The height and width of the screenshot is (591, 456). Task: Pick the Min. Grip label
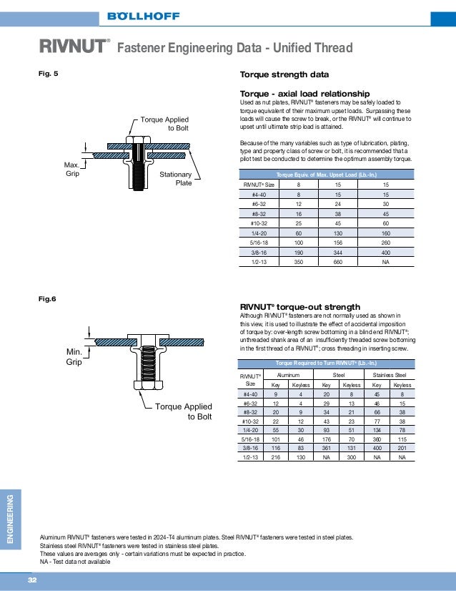(74, 358)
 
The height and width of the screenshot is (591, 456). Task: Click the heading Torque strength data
(284, 74)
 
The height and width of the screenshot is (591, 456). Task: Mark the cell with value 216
(276, 457)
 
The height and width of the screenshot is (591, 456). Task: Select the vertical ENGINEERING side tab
(10, 518)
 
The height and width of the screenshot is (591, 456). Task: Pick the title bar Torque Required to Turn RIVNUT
(326, 363)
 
